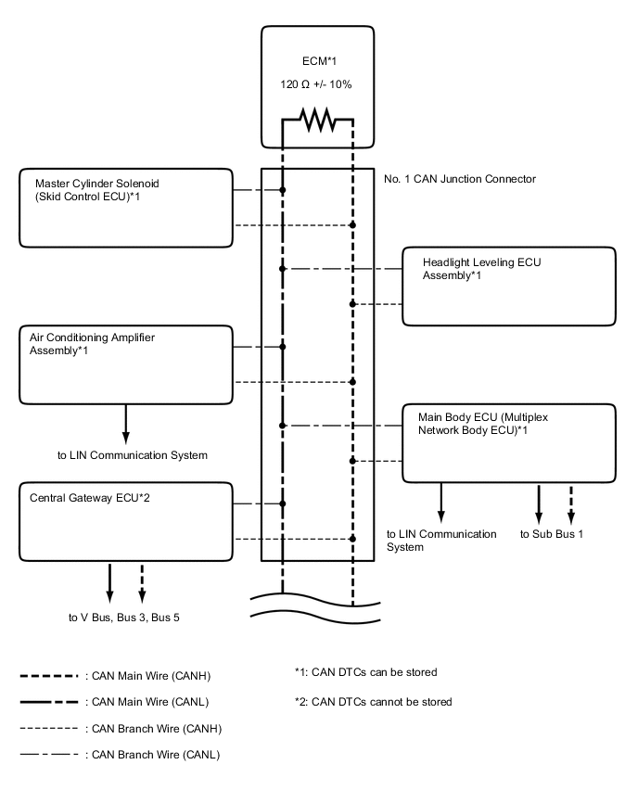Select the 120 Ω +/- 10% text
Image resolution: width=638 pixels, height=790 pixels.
[316, 83]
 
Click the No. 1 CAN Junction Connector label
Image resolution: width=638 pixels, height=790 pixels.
[460, 179]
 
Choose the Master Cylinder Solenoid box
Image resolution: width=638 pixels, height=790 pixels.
[125, 208]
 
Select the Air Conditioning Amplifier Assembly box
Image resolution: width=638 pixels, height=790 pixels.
[125, 364]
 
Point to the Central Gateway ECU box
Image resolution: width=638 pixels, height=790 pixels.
[125, 521]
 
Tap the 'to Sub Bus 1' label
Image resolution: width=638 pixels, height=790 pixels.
[551, 534]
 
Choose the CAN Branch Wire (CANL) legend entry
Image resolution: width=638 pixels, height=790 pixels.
[120, 755]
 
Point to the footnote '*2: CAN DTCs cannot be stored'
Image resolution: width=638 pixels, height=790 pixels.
[372, 701]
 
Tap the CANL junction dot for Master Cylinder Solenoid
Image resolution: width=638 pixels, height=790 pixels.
[283, 190]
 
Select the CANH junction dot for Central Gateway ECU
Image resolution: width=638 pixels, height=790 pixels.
[352, 539]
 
